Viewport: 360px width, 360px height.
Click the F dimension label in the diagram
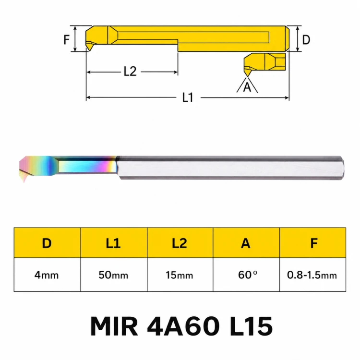(67, 39)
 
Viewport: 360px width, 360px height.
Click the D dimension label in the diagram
(306, 40)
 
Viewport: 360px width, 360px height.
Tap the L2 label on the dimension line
(130, 72)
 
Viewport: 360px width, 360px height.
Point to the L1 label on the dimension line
(188, 97)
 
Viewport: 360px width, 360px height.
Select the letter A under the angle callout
(247, 87)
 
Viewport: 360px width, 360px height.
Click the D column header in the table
(47, 243)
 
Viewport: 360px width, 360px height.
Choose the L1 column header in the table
(113, 243)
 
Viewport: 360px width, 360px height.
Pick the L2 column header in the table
(180, 243)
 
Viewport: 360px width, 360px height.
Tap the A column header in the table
(246, 243)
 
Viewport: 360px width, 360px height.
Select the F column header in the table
(313, 243)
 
